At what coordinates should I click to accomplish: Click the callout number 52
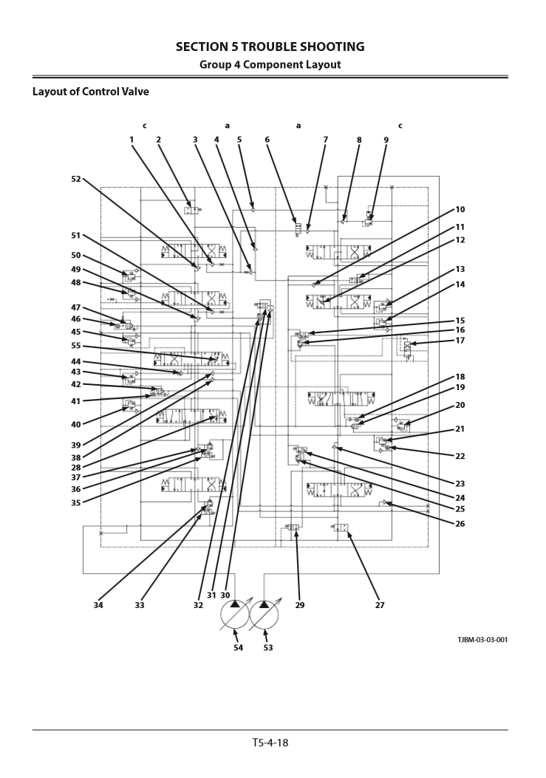(76, 179)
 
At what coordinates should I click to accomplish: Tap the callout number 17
(460, 341)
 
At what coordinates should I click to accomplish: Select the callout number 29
(300, 604)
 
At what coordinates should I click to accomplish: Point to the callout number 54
(238, 647)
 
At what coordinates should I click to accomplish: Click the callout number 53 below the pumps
(267, 647)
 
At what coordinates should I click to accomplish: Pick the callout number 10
(460, 209)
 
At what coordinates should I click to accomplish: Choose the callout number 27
(380, 604)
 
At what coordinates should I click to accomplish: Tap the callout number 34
(98, 604)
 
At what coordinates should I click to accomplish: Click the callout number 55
(76, 345)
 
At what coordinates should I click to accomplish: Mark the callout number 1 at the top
(132, 139)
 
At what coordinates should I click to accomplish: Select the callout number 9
(386, 139)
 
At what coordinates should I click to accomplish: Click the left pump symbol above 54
(235, 615)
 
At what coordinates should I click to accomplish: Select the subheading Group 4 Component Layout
(270, 64)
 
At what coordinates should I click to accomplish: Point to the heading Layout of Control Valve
(91, 92)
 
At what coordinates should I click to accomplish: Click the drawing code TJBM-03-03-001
(482, 639)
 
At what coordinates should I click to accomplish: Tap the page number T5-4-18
(270, 742)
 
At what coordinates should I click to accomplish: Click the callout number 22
(460, 455)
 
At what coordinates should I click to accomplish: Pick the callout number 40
(76, 424)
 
